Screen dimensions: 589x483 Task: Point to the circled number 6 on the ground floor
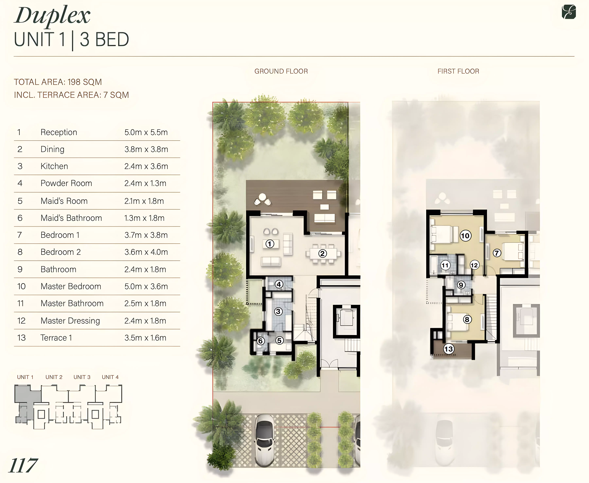tap(260, 341)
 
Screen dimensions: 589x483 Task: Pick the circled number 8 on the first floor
tap(467, 319)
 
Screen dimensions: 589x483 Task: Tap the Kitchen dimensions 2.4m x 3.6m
tap(146, 166)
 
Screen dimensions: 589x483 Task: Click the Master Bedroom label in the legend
tap(71, 287)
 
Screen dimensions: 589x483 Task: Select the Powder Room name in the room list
tap(66, 183)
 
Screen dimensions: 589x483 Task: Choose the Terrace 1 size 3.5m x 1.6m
tap(145, 338)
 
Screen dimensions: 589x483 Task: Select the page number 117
tap(23, 466)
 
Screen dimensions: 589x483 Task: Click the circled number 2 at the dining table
tap(322, 253)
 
